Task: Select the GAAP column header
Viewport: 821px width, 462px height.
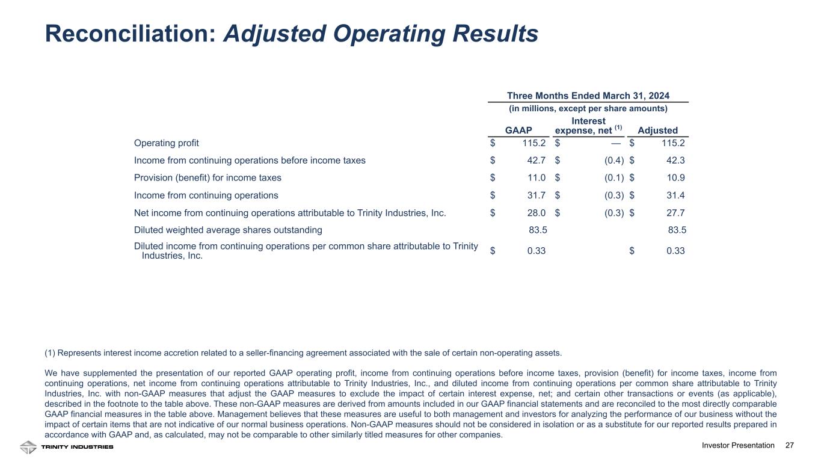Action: tap(518, 131)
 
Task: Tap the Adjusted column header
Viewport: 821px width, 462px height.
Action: tap(658, 131)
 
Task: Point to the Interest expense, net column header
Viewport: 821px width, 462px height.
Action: tap(588, 126)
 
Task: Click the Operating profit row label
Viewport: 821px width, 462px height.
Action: tap(166, 143)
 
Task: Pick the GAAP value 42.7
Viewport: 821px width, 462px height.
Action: tap(537, 161)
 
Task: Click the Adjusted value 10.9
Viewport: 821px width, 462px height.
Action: tap(675, 178)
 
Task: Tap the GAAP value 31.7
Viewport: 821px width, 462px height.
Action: tap(537, 196)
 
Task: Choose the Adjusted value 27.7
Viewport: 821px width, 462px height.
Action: tap(675, 213)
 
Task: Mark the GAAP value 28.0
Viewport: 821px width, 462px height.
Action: tap(537, 213)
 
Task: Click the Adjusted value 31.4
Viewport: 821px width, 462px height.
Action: tap(675, 196)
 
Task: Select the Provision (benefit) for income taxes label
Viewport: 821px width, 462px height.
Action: tap(208, 178)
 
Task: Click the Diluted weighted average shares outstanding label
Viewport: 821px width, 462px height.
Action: tap(228, 230)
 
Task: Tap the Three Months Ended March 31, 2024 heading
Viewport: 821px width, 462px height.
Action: tap(588, 96)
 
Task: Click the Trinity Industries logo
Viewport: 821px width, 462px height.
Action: tap(66, 447)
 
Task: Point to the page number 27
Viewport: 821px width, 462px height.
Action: tap(790, 446)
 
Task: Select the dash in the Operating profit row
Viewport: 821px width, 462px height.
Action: tap(617, 143)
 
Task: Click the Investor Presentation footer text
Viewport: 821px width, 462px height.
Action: tap(738, 446)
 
